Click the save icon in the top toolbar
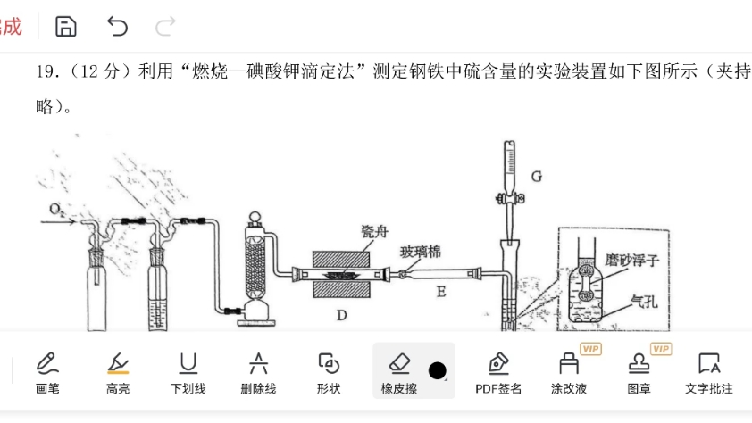click(65, 27)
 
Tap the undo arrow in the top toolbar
click(117, 27)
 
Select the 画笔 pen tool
click(47, 370)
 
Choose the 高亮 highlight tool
click(118, 370)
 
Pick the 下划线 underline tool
click(188, 370)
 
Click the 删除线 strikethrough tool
click(259, 370)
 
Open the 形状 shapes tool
click(329, 370)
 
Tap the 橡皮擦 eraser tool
click(399, 370)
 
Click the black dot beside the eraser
click(437, 370)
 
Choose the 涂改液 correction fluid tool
click(569, 370)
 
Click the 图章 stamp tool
click(639, 370)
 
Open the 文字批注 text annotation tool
click(709, 370)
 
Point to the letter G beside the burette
click(536, 176)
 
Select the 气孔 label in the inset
click(642, 301)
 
